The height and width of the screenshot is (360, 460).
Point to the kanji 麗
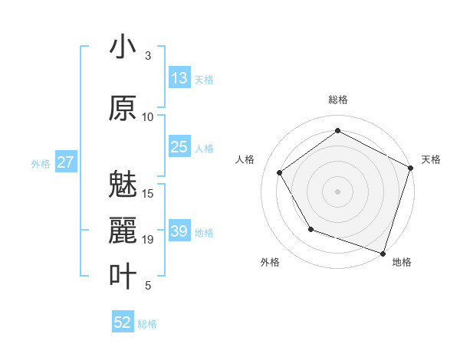click(x=123, y=231)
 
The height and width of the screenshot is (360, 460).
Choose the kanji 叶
click(x=123, y=276)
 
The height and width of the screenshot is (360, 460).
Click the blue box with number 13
click(x=179, y=78)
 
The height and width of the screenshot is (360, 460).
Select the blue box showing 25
click(x=179, y=147)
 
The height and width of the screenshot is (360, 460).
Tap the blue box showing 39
click(x=179, y=231)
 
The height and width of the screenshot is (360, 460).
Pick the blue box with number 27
click(x=66, y=162)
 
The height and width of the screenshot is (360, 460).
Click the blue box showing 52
click(x=123, y=322)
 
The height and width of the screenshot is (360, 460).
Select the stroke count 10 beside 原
click(x=148, y=117)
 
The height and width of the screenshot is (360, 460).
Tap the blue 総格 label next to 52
click(x=147, y=324)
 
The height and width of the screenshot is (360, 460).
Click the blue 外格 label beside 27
click(x=41, y=163)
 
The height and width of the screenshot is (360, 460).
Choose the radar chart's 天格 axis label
click(x=431, y=159)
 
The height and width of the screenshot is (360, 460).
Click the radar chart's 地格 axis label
click(x=402, y=262)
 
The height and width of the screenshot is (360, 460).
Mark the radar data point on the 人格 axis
click(x=280, y=172)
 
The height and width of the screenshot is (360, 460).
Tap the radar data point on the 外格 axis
click(x=310, y=229)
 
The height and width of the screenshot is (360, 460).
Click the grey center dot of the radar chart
click(x=337, y=191)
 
